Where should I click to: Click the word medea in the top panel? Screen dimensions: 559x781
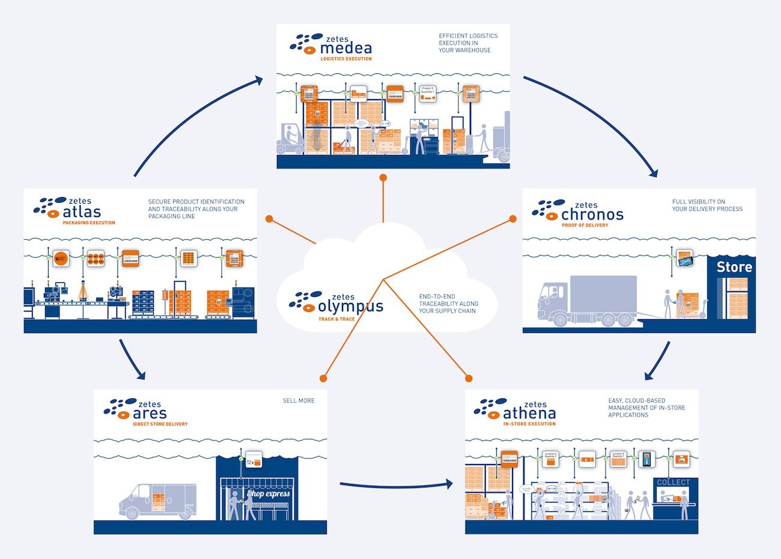(x=346, y=48)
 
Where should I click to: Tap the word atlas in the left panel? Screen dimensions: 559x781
(x=82, y=212)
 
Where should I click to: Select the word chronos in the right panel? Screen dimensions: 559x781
(x=592, y=214)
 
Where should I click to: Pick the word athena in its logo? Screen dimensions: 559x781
(x=529, y=414)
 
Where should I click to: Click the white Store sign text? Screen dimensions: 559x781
(x=734, y=267)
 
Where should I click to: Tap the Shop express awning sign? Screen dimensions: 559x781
(x=268, y=493)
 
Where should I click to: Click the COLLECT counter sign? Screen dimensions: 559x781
(x=673, y=483)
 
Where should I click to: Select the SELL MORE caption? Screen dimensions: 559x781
(x=299, y=400)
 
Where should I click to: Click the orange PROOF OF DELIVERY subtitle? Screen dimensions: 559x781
(x=585, y=225)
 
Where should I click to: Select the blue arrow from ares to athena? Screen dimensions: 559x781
(x=397, y=485)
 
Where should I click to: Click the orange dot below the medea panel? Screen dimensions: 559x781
(x=383, y=178)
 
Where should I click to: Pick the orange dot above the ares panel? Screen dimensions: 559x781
(x=323, y=378)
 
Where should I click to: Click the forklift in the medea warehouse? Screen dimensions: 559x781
(x=290, y=139)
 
